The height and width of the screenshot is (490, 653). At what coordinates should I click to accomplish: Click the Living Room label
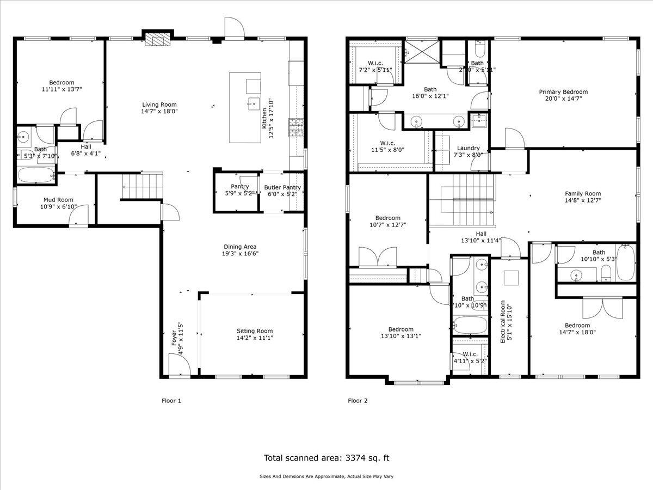[x=159, y=105]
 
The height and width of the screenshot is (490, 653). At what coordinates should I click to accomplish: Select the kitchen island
[x=245, y=107]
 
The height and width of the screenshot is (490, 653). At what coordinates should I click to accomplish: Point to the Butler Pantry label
[x=282, y=187]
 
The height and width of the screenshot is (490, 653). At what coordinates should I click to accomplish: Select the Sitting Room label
[x=254, y=330]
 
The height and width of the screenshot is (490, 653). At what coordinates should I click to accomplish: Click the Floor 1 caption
[x=171, y=401]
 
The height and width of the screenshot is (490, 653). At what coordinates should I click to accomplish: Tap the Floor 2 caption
[x=358, y=401]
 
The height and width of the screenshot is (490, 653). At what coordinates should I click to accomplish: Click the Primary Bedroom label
[x=563, y=92]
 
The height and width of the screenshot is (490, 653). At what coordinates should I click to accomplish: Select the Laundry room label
[x=468, y=148]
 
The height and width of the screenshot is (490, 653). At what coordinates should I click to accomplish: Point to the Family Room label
[x=582, y=193]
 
